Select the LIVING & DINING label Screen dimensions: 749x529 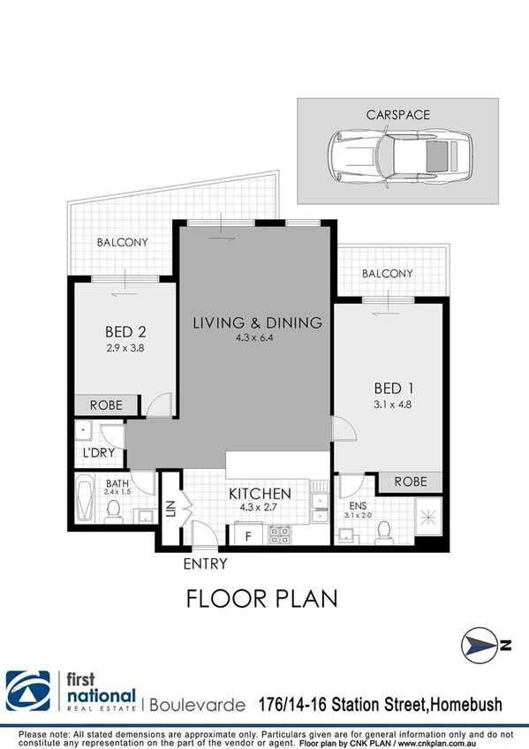click(257, 322)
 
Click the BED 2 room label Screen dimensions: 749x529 click(125, 332)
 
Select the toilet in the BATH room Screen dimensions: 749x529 click(114, 511)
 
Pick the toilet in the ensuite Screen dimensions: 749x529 click(383, 529)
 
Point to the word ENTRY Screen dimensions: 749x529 click(205, 564)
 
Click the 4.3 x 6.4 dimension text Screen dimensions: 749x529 click(257, 339)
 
